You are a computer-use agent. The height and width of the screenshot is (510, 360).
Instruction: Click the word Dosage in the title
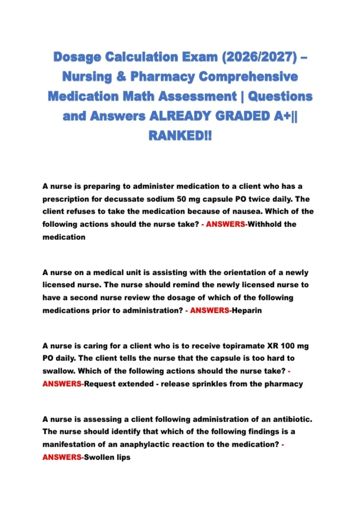77,57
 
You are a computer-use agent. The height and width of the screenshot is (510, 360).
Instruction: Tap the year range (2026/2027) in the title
259,57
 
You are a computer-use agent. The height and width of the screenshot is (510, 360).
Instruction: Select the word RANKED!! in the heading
180,136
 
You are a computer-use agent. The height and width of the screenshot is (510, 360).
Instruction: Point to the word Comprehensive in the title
248,76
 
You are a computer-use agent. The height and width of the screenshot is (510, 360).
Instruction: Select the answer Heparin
247,310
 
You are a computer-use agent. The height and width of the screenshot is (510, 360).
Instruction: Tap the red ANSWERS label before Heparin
209,310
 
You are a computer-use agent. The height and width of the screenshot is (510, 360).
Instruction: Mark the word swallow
59,371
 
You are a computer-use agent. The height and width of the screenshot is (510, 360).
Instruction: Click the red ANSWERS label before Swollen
62,457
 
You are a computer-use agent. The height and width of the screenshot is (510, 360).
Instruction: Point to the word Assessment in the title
197,96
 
